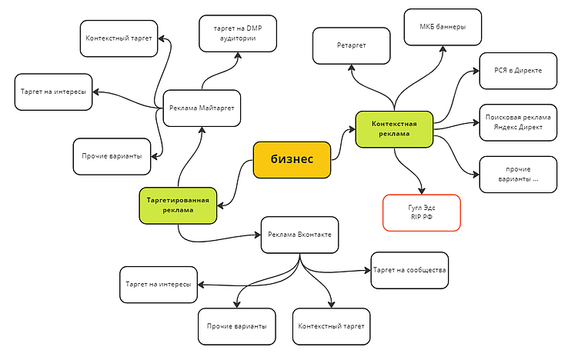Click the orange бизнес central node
(292, 159)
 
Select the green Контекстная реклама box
(394, 129)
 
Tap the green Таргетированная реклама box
(178, 205)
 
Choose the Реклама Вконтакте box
(299, 234)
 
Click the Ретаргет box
(351, 45)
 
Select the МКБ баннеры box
(443, 28)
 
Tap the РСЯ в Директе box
(518, 71)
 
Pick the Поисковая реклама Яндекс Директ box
(518, 122)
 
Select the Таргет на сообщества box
(409, 271)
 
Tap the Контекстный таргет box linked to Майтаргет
(119, 38)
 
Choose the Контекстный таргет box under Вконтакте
(332, 327)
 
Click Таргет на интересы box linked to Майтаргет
(53, 92)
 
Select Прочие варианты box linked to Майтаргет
(112, 156)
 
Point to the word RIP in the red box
(413, 218)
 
